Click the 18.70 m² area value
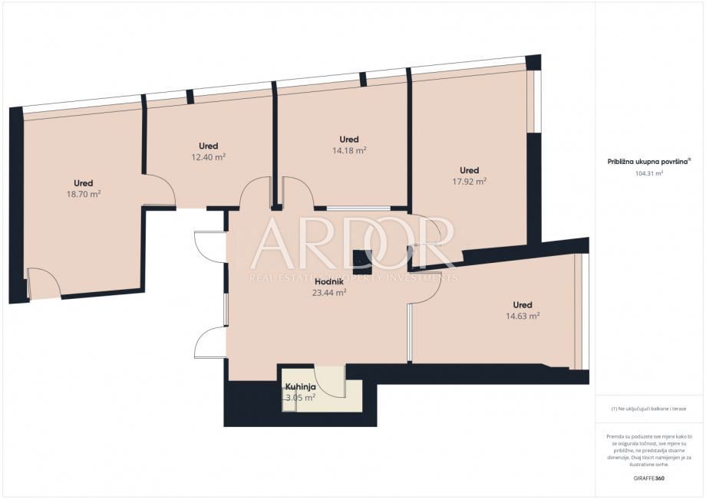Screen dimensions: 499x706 pos(84,195)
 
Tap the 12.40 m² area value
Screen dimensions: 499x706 pos(208,157)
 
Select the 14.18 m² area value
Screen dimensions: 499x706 pos(349,151)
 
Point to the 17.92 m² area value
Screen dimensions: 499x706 pos(469,182)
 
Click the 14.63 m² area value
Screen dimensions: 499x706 pos(523,316)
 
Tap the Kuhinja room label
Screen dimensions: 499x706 pos(300,387)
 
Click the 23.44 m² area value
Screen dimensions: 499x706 pos(328,292)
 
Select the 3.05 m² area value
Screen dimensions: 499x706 pos(300,398)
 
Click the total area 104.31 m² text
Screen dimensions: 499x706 pos(649,173)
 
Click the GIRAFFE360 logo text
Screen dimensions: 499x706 pos(648,477)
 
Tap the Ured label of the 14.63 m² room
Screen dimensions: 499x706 pos(523,304)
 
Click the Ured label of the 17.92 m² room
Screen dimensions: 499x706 pos(469,170)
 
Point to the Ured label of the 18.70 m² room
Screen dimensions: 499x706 pos(84,183)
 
